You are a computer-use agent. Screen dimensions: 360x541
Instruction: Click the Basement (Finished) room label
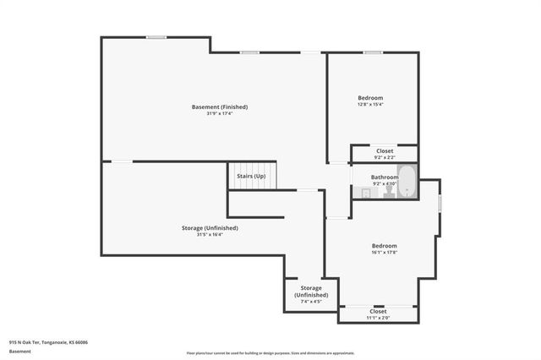coord(220,107)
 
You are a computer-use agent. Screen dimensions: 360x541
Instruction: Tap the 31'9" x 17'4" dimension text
coord(220,114)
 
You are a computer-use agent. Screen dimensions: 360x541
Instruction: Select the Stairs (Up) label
coord(251,176)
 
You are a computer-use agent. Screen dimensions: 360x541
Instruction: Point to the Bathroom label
coord(384,177)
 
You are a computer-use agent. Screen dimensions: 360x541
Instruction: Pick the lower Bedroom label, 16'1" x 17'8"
coord(385,246)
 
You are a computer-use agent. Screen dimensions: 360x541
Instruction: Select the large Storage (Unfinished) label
coord(210,227)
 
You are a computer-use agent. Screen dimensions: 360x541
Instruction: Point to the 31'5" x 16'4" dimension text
coord(210,234)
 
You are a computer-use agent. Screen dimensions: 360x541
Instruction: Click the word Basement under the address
coord(19,351)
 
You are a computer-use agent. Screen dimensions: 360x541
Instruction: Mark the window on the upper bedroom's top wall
coord(373,53)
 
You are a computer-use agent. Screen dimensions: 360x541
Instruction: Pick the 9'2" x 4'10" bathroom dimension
coord(384,183)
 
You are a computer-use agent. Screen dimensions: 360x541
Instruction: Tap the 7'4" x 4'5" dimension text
coord(311,301)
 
